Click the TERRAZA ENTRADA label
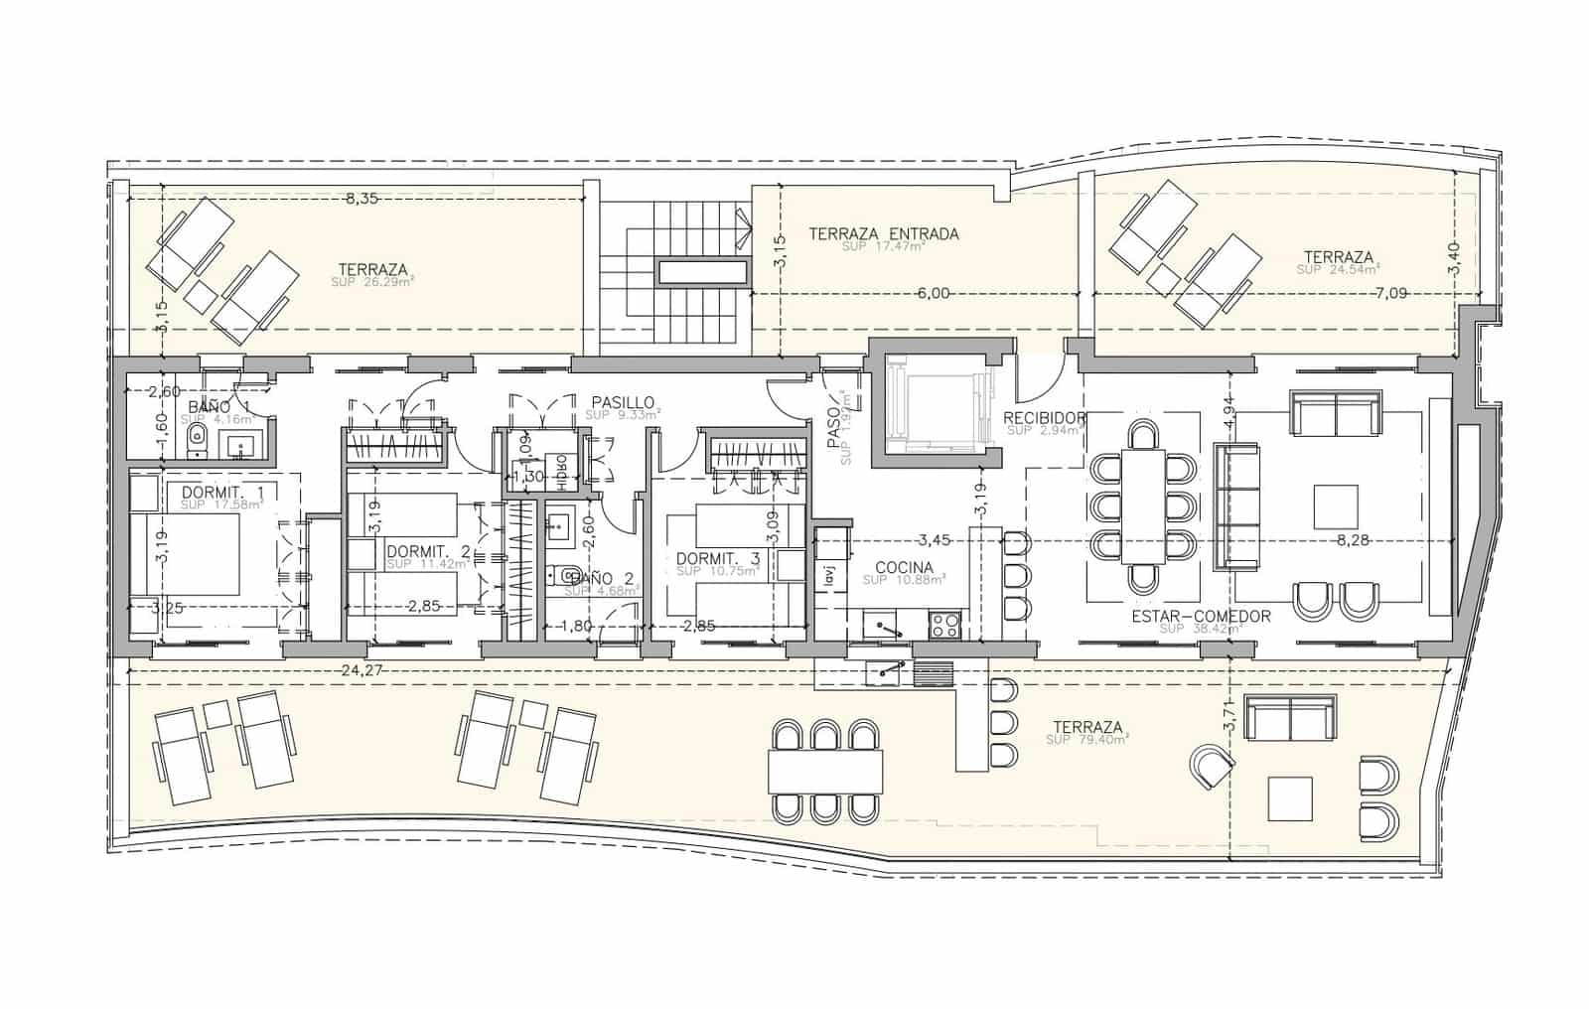coord(884,234)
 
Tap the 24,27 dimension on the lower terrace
coord(361,670)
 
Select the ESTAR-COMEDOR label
coord(1201,616)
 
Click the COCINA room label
coord(904,568)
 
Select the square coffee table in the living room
coord(1336,506)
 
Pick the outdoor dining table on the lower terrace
coord(825,770)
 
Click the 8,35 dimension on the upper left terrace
coord(361,199)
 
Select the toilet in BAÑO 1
coord(198,437)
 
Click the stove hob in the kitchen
coord(944,625)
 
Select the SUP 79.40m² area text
coord(1087,741)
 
